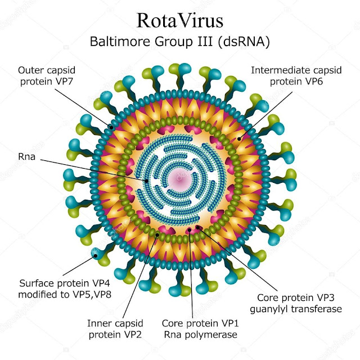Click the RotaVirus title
pyautogui.click(x=179, y=21)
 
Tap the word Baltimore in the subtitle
pyautogui.click(x=120, y=42)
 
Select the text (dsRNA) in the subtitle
pyautogui.click(x=244, y=42)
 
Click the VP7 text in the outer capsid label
pyautogui.click(x=63, y=82)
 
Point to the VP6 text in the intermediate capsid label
pyautogui.click(x=313, y=82)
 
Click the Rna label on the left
pyautogui.click(x=26, y=156)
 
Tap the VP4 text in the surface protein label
pyautogui.click(x=100, y=283)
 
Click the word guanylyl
pyautogui.click(x=269, y=309)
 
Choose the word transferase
pyautogui.click(x=316, y=309)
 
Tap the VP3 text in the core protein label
pyautogui.click(x=324, y=298)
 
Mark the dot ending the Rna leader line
pyautogui.click(x=146, y=181)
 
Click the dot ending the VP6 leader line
pyautogui.click(x=239, y=139)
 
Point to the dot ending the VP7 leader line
pyautogui.click(x=111, y=127)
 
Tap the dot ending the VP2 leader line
pyautogui.click(x=157, y=235)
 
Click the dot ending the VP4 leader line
pyautogui.click(x=96, y=255)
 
